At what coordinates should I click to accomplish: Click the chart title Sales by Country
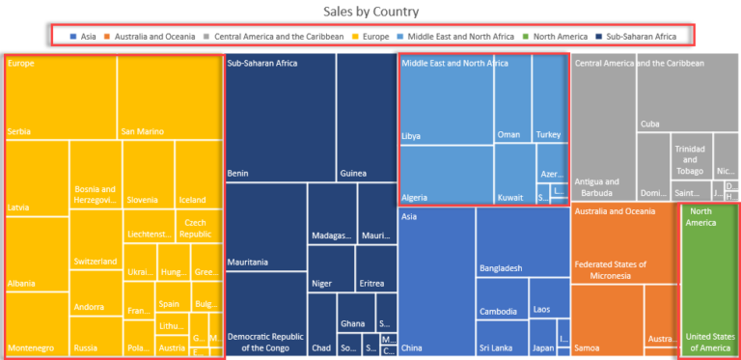(371, 12)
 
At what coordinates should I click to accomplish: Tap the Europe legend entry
(371, 36)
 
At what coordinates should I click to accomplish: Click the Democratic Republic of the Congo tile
(265, 309)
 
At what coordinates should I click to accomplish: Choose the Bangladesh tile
(521, 246)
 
